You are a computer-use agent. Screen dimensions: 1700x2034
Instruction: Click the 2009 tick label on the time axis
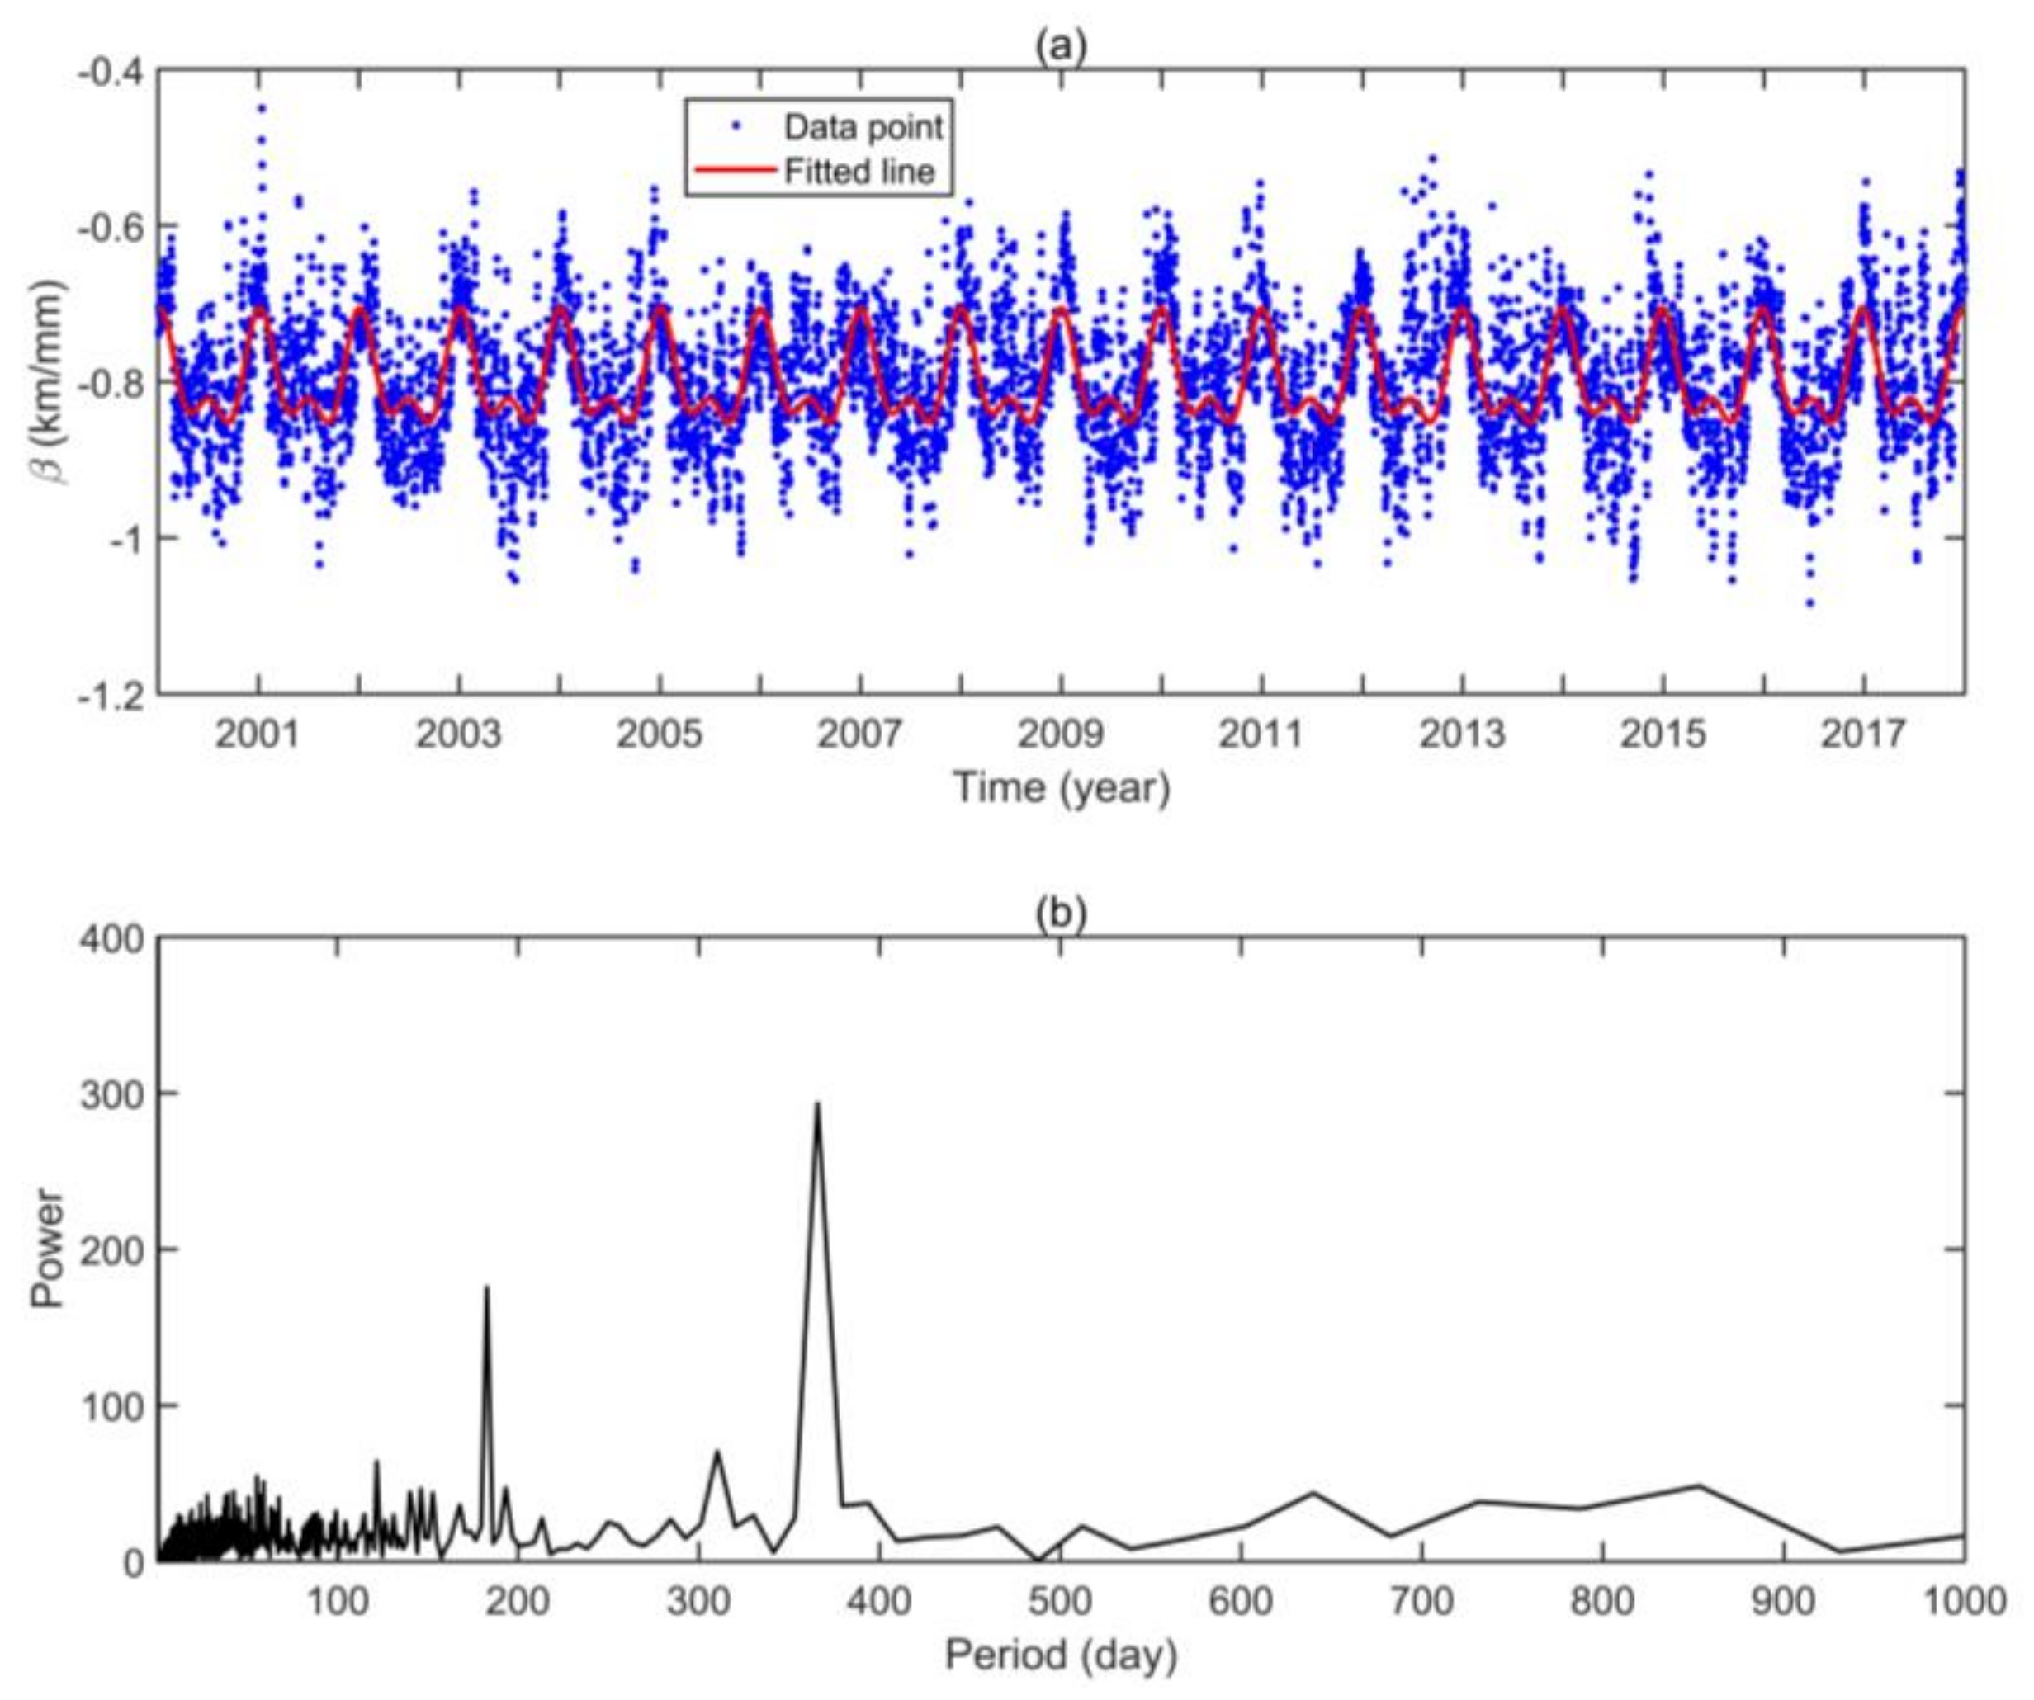pyautogui.click(x=1060, y=734)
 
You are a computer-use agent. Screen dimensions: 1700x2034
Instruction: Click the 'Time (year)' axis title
pyautogui.click(x=1062, y=787)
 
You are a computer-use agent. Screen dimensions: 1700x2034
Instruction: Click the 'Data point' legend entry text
pyautogui.click(x=862, y=127)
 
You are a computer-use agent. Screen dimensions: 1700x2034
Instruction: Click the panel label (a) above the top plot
pyautogui.click(x=1061, y=45)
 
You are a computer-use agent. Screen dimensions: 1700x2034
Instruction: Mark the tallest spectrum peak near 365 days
pyautogui.click(x=817, y=1103)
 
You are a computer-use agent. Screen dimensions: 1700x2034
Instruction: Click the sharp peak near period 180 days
pyautogui.click(x=486, y=1287)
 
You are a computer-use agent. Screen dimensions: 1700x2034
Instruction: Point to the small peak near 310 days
pyautogui.click(x=717, y=1452)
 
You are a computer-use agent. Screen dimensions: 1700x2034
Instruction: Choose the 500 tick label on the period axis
pyautogui.click(x=1060, y=1603)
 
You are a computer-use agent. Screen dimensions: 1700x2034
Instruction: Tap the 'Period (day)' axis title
pyautogui.click(x=1062, y=1655)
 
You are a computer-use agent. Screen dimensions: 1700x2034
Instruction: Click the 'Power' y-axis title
pyautogui.click(x=46, y=1249)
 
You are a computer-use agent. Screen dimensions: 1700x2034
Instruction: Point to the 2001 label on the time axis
pyautogui.click(x=258, y=734)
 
